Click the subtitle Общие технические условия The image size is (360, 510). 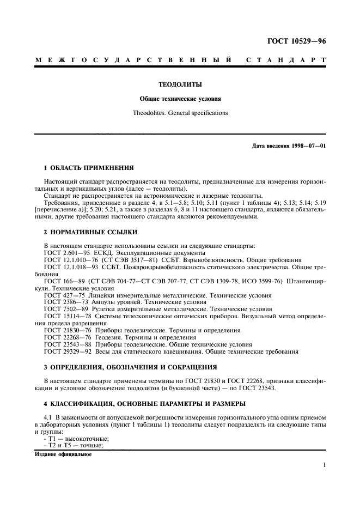tap(180, 99)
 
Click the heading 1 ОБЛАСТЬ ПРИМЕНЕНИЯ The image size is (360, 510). tap(89, 167)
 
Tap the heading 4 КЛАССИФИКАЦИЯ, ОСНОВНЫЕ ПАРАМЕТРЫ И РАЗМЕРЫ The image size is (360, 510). tap(138, 403)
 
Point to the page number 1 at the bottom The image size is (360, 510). tap(324, 465)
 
